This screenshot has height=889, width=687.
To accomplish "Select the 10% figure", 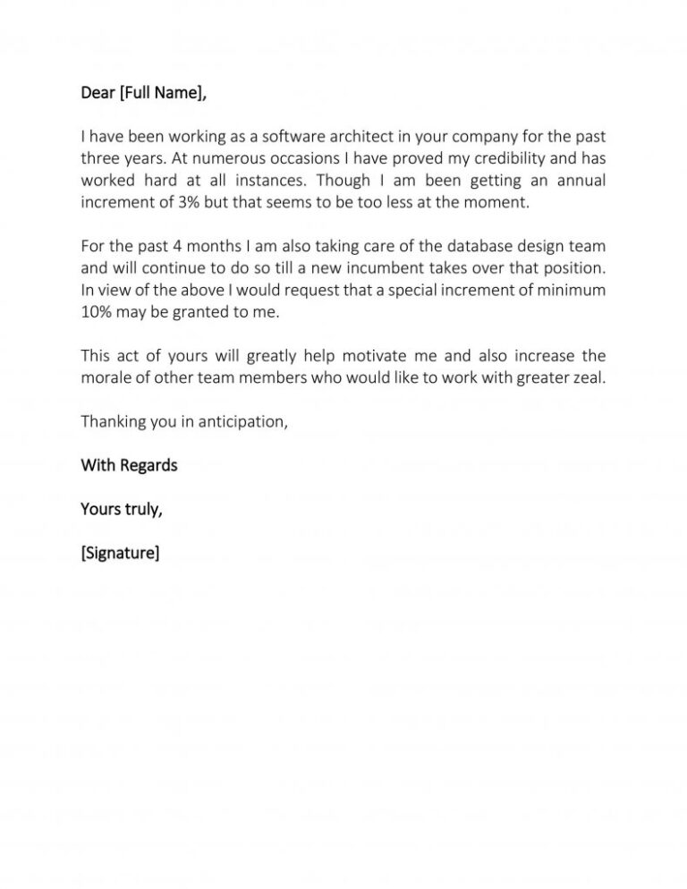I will point(97,312).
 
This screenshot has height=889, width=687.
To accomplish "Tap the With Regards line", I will point(129,465).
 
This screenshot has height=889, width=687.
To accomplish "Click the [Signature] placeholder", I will point(120,553).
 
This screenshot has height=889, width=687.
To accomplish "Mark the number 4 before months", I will point(148,247).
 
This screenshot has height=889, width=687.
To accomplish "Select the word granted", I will point(198,312).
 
